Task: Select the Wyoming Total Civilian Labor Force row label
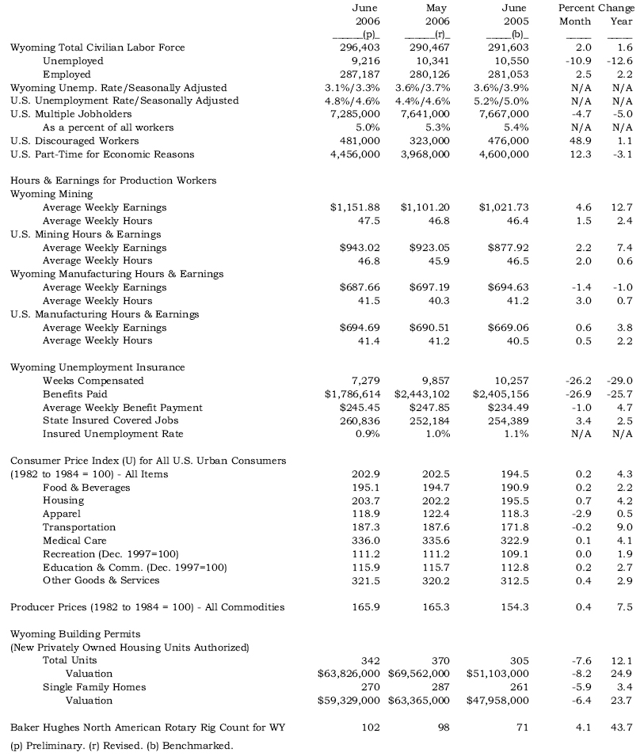(x=97, y=47)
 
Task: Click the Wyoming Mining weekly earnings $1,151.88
(x=355, y=207)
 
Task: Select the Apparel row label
(x=62, y=514)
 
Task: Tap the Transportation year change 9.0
(x=623, y=527)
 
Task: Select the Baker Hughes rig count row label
(x=147, y=727)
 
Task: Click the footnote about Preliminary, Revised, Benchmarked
(x=122, y=745)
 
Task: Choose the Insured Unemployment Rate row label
(x=112, y=434)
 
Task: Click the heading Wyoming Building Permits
(x=76, y=634)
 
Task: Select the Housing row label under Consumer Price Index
(x=63, y=500)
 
